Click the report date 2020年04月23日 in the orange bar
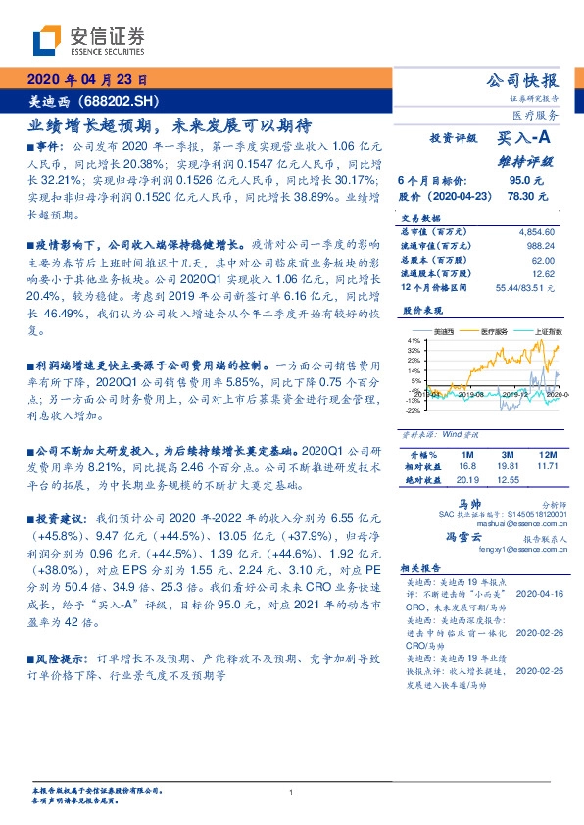pos(85,80)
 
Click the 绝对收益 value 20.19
pos(467,480)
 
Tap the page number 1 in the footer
pos(292,793)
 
